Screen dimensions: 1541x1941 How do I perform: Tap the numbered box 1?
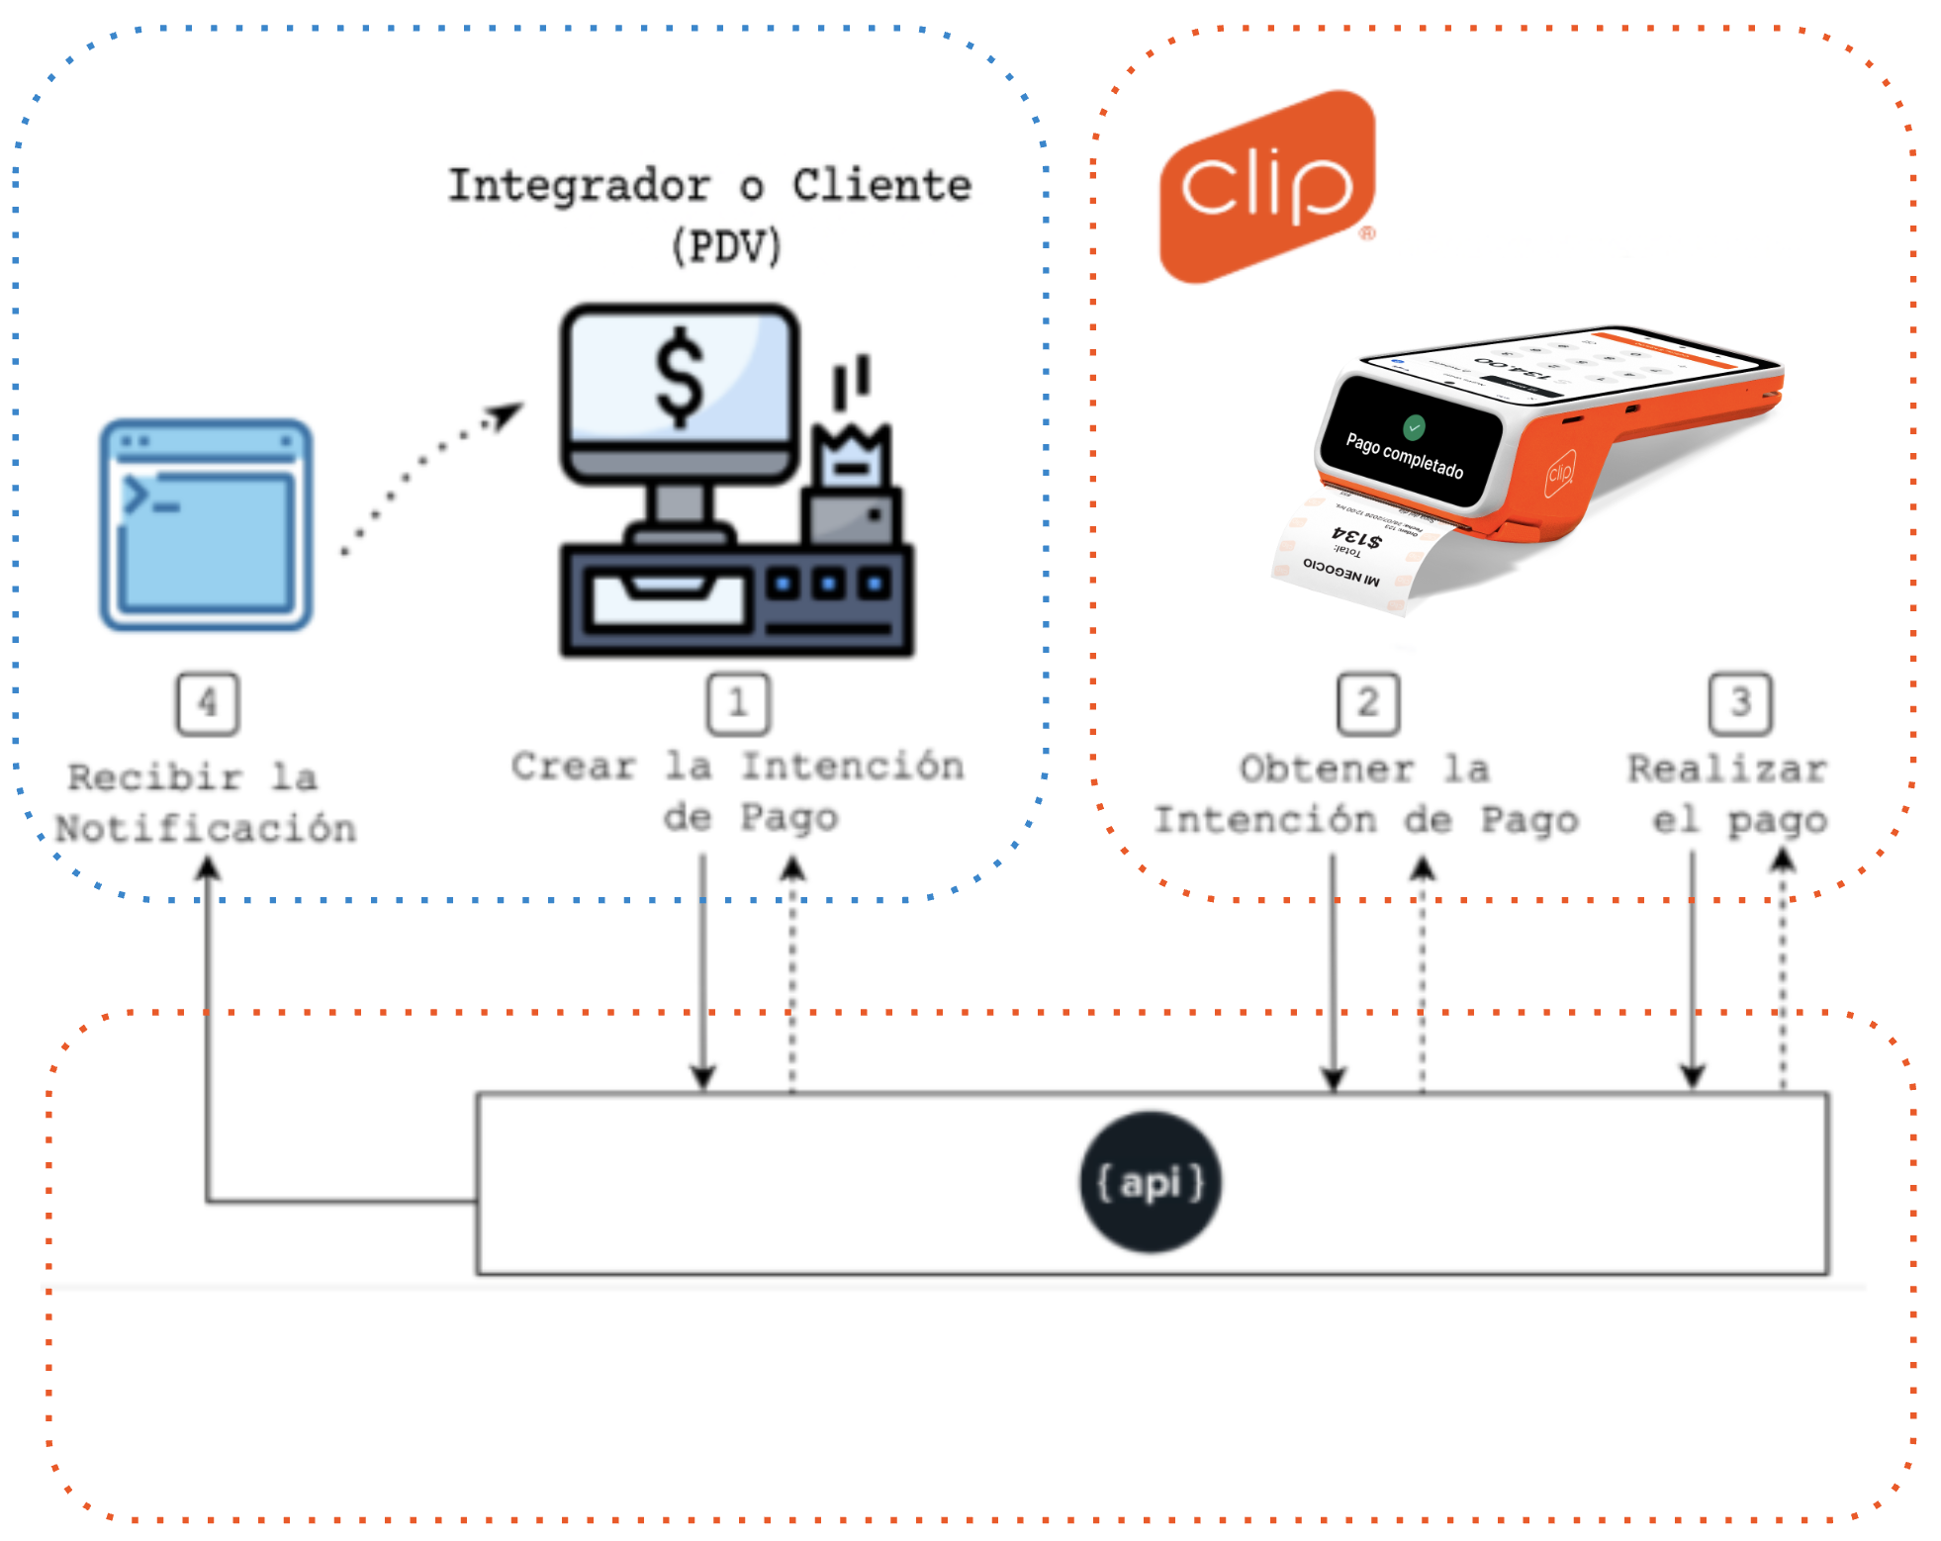[x=738, y=704]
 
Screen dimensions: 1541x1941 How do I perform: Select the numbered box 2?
[x=1367, y=704]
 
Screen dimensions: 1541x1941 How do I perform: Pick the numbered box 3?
[x=1740, y=704]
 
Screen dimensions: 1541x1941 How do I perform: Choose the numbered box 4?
[x=208, y=704]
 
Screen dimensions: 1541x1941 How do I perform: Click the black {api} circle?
[x=1151, y=1183]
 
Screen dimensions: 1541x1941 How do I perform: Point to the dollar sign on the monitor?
[x=681, y=377]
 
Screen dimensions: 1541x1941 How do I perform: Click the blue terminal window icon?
[x=206, y=525]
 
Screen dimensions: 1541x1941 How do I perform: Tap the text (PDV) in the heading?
[x=727, y=246]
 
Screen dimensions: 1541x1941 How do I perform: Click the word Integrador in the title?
[x=579, y=186]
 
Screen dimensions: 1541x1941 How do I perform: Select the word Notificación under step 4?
[x=206, y=829]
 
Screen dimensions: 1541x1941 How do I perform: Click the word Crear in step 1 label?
[x=574, y=767]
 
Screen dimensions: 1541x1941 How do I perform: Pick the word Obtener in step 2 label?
[x=1327, y=770]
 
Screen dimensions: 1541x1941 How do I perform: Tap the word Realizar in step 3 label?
[x=1727, y=770]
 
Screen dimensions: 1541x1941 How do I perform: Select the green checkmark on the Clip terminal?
[x=1415, y=427]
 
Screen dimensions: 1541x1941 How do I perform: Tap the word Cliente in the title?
[x=881, y=186]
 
